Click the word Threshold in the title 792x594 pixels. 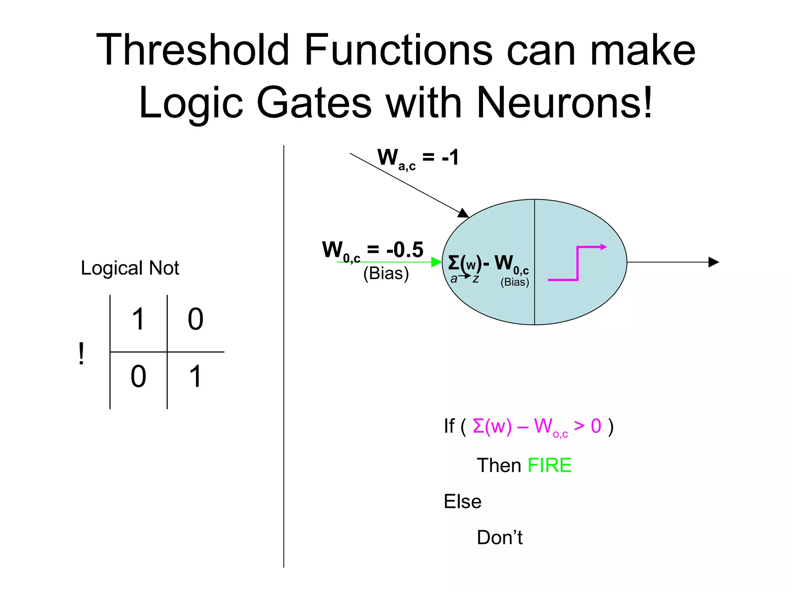192,50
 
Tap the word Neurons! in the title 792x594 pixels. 564,103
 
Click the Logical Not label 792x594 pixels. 130,268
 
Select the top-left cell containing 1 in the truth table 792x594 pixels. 138,319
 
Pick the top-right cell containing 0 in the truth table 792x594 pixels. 195,319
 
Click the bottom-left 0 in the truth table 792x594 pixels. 138,377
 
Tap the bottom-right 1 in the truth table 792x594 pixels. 195,377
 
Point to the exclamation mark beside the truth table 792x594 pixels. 81,353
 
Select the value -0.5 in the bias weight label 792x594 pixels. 405,250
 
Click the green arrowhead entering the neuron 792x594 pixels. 436,262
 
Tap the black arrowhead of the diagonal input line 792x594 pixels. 463,213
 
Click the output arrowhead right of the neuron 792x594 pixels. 713,262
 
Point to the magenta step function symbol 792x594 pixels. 577,263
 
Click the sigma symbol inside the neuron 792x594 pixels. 453,263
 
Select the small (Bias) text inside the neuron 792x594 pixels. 514,282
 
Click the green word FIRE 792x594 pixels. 549,465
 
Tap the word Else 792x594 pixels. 463,502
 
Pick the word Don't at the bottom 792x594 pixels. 499,538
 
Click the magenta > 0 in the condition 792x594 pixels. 587,426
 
